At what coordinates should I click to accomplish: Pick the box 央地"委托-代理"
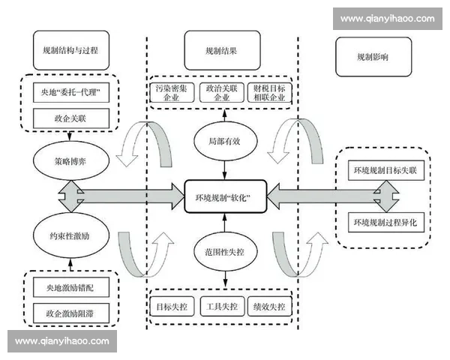tap(71, 94)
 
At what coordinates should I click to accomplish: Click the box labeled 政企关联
tap(71, 117)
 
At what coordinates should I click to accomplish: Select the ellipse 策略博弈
tap(71, 160)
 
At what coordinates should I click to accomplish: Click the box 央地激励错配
tap(71, 286)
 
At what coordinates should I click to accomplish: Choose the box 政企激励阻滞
tap(71, 310)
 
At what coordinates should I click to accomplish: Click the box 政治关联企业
tap(222, 93)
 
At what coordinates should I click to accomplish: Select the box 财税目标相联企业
tap(271, 93)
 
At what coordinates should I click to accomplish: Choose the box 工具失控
tap(222, 307)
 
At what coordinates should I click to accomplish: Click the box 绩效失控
tap(271, 307)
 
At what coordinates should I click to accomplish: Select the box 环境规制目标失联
tap(388, 171)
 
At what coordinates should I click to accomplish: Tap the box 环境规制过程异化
tap(388, 223)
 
